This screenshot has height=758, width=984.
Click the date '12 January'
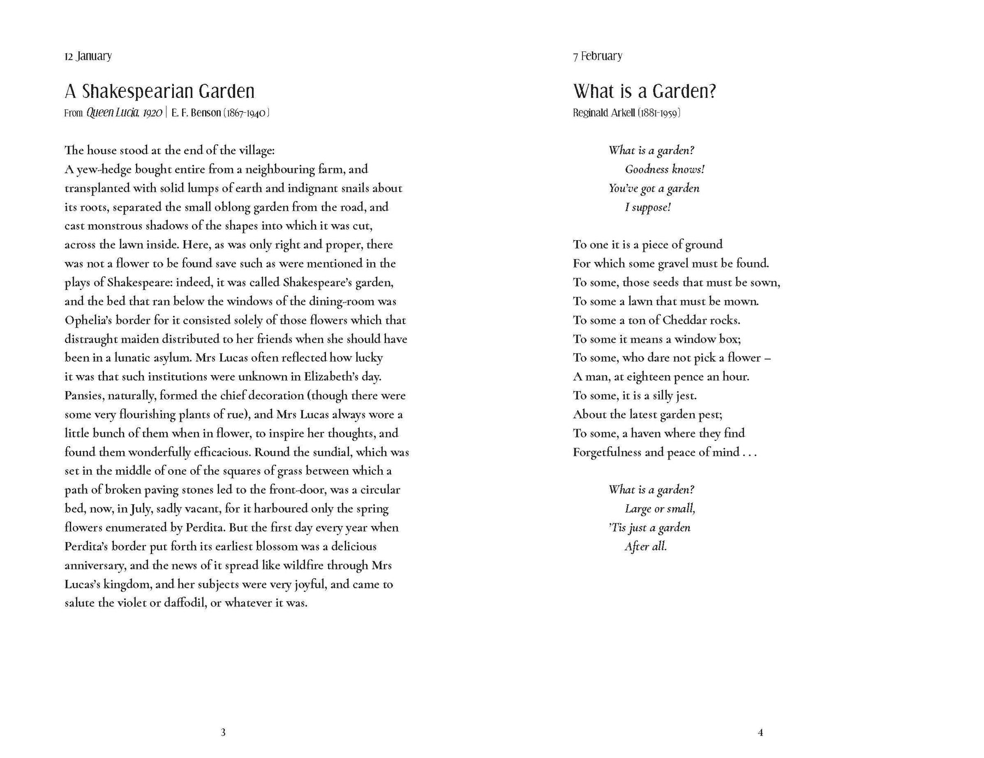click(x=88, y=56)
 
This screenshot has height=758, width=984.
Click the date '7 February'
click(x=598, y=56)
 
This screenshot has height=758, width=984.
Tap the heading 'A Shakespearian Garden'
click(x=160, y=91)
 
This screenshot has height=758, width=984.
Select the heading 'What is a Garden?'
click(x=645, y=91)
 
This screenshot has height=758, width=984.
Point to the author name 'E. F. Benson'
click(x=196, y=113)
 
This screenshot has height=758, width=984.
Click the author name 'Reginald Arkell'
click(x=604, y=113)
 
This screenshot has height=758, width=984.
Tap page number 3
click(x=223, y=732)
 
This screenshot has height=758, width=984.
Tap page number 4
click(x=760, y=732)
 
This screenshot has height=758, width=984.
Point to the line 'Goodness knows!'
click(x=665, y=170)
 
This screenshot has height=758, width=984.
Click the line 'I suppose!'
click(x=648, y=207)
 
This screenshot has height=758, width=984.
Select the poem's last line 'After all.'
click(x=646, y=547)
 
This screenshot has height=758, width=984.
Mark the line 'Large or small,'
click(x=660, y=509)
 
